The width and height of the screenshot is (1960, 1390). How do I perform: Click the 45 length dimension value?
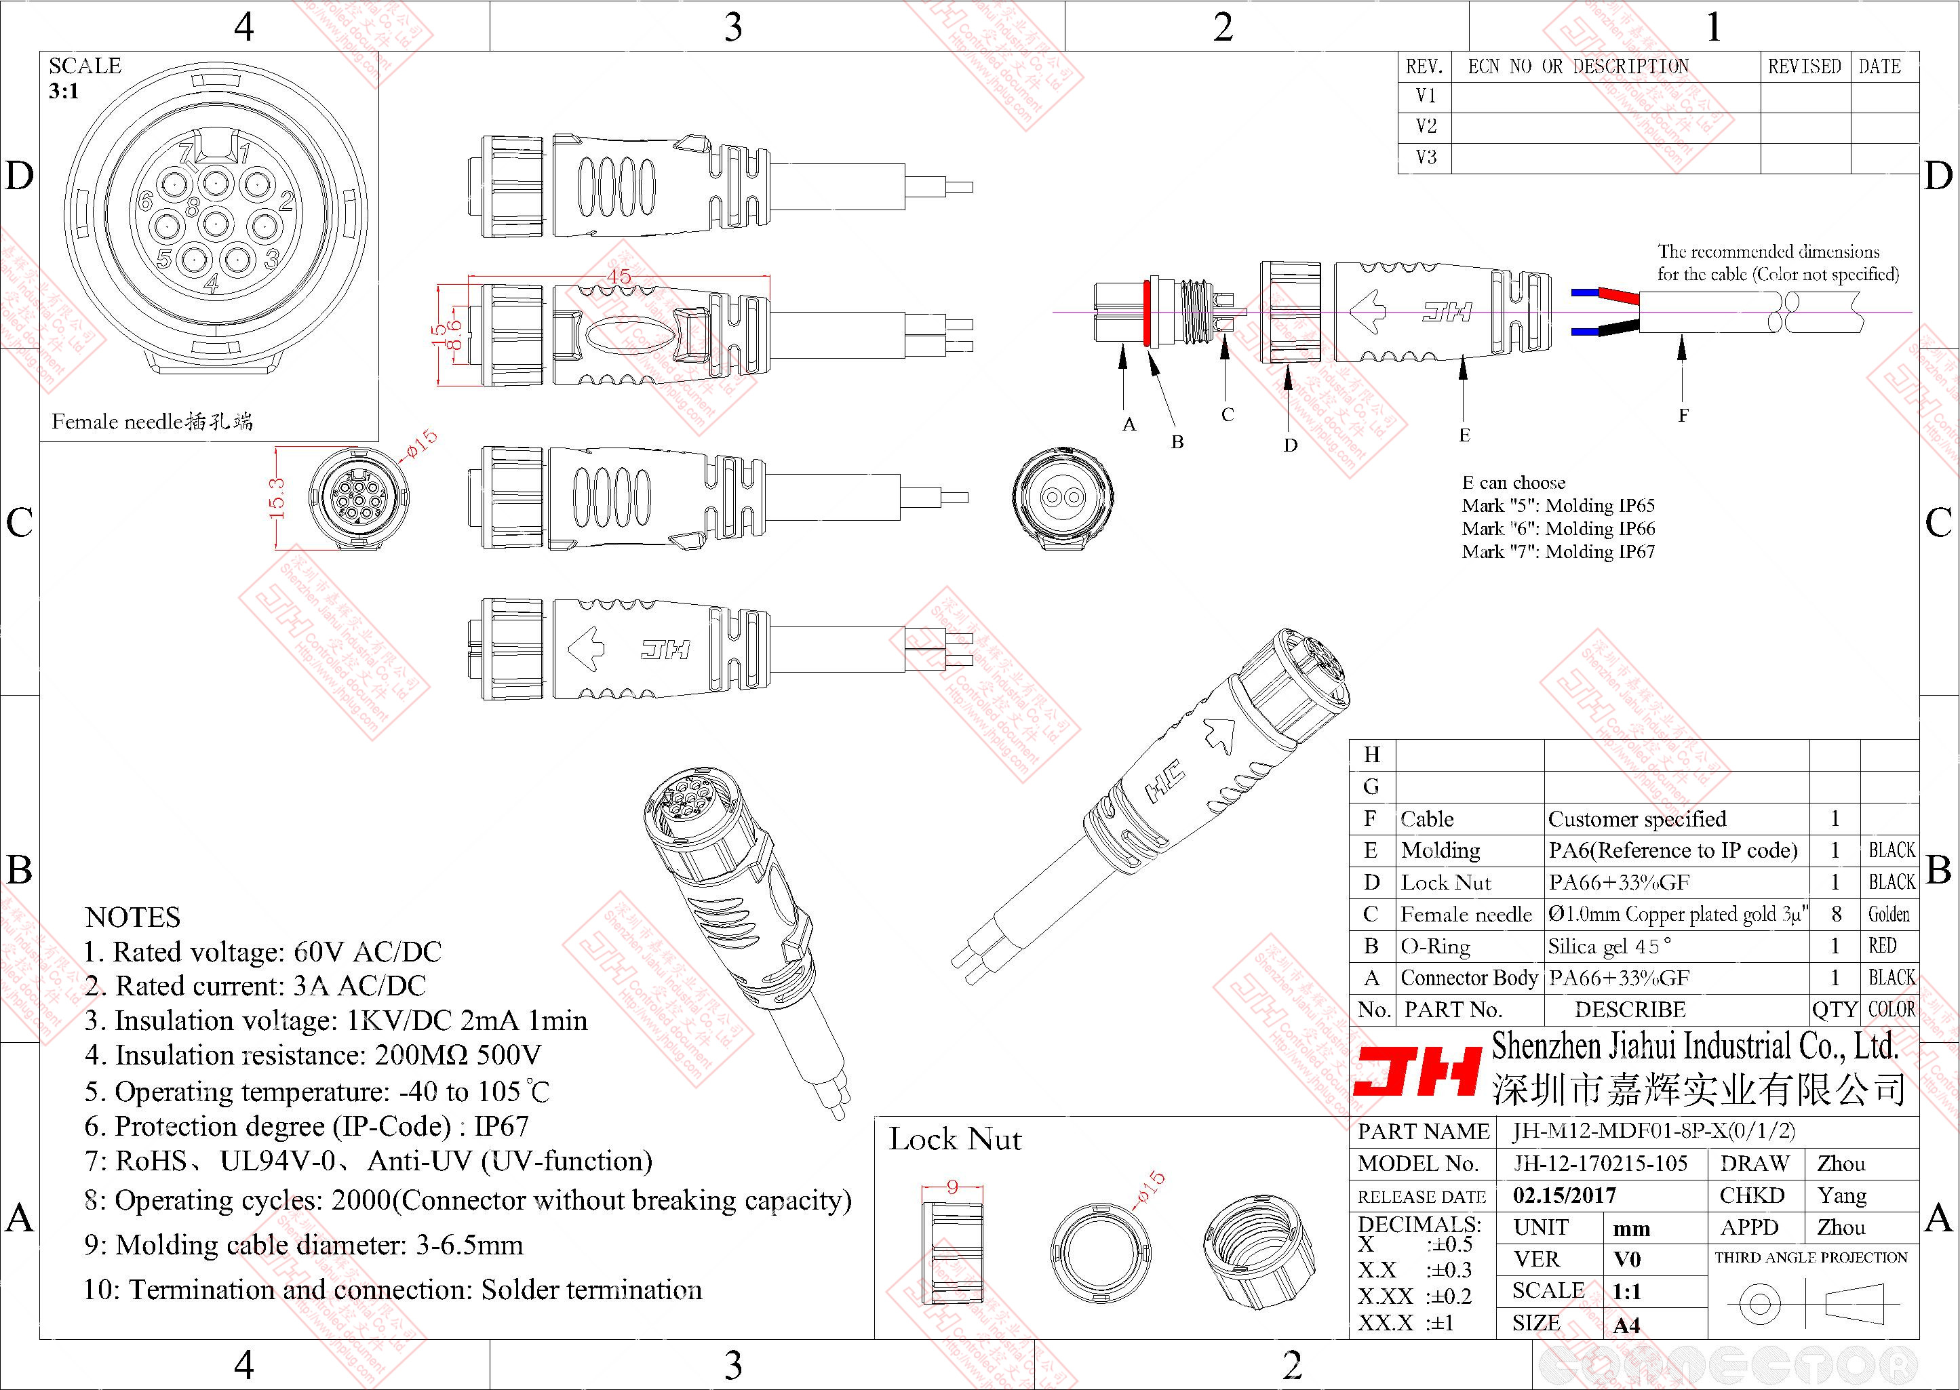tap(618, 277)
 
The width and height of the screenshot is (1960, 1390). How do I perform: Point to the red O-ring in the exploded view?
tap(1145, 313)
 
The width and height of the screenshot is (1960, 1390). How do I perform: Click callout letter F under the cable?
tap(1683, 416)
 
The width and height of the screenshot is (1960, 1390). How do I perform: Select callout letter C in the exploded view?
tap(1228, 415)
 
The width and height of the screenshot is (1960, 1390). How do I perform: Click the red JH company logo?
tap(1417, 1071)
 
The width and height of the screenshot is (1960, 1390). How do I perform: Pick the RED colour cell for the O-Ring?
tap(1882, 946)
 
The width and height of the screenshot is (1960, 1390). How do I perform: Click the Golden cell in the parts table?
tap(1888, 914)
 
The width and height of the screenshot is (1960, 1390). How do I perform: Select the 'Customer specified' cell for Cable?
tap(1636, 819)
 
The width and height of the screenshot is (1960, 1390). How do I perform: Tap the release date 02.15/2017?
tap(1565, 1195)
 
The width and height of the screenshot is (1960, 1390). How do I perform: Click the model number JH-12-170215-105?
tap(1600, 1163)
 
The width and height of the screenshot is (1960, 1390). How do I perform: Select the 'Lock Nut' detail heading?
tap(954, 1140)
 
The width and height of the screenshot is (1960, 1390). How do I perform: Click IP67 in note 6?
tap(502, 1126)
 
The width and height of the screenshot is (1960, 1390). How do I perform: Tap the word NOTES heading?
tap(133, 917)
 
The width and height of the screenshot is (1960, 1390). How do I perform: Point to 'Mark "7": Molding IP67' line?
tap(1558, 552)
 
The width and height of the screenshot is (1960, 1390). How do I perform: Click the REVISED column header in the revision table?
tap(1804, 66)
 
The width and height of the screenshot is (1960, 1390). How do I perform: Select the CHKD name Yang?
tap(1842, 1195)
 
